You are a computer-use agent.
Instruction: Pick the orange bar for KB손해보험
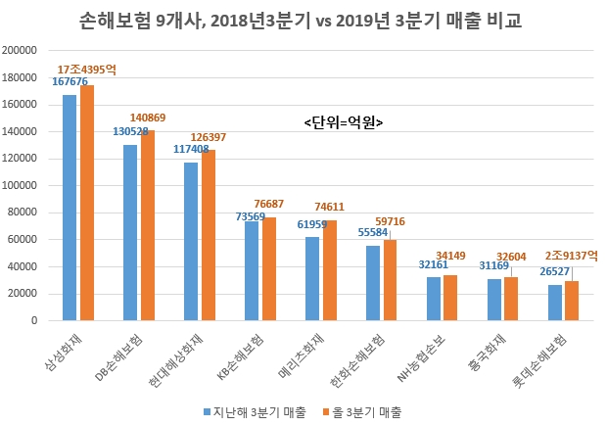pyautogui.click(x=269, y=268)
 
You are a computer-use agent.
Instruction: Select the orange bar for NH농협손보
pyautogui.click(x=451, y=298)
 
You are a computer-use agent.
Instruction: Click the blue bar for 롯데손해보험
pyautogui.click(x=555, y=303)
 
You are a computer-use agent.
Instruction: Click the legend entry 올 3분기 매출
pyautogui.click(x=366, y=411)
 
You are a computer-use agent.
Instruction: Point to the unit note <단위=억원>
pyautogui.click(x=343, y=122)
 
